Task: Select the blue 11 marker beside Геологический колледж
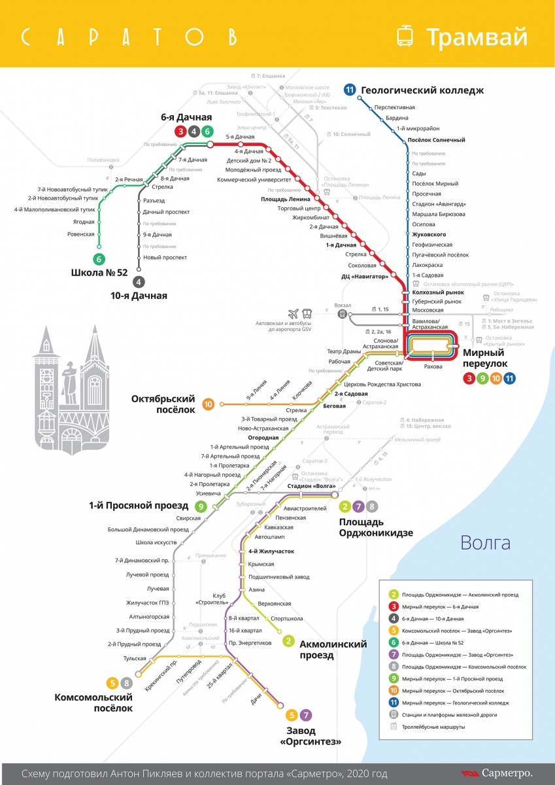(350, 90)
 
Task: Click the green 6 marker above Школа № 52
(99, 258)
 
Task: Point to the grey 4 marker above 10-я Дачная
(139, 282)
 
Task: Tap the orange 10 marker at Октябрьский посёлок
(209, 404)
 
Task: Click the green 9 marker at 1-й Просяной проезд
(201, 506)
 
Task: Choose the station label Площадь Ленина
(284, 199)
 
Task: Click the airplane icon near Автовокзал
(292, 313)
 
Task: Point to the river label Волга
(485, 542)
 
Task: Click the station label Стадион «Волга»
(311, 487)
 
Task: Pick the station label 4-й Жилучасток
(271, 551)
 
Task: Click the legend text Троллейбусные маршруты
(433, 727)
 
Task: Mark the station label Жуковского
(429, 234)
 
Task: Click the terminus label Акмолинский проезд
(332, 650)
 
